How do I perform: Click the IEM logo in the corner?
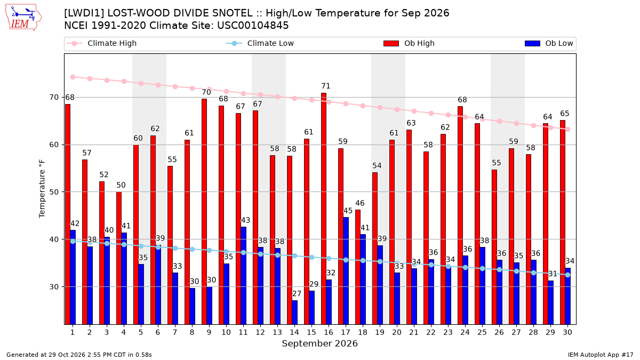pyautogui.click(x=23, y=18)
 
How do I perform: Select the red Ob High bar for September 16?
pyautogui.click(x=324, y=209)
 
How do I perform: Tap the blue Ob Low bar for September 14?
pyautogui.click(x=294, y=313)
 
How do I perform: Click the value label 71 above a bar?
pyautogui.click(x=326, y=86)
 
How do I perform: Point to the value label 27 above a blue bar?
pyautogui.click(x=297, y=294)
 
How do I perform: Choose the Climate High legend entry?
pyautogui.click(x=101, y=43)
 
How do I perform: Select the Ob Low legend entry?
pyautogui.click(x=549, y=43)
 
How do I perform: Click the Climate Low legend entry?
pyautogui.click(x=260, y=43)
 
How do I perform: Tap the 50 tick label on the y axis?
pyautogui.click(x=54, y=192)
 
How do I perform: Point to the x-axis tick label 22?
pyautogui.click(x=431, y=332)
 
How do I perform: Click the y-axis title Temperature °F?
pyautogui.click(x=42, y=189)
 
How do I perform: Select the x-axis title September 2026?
pyautogui.click(x=319, y=343)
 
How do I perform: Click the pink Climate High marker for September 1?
pyautogui.click(x=73, y=77)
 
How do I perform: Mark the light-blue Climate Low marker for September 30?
pyautogui.click(x=567, y=275)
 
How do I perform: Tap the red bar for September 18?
pyautogui.click(x=358, y=267)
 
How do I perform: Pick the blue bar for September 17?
pyautogui.click(x=346, y=271)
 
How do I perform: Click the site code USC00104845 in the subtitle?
pyautogui.click(x=253, y=26)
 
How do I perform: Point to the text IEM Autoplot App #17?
pyautogui.click(x=601, y=355)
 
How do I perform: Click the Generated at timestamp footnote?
pyautogui.click(x=79, y=355)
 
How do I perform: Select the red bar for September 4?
pyautogui.click(x=119, y=258)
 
